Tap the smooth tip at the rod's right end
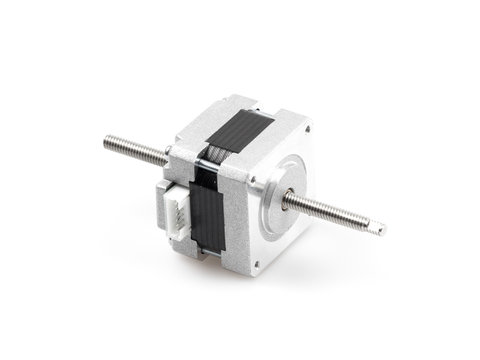[378, 229]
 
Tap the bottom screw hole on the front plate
[254, 265]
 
